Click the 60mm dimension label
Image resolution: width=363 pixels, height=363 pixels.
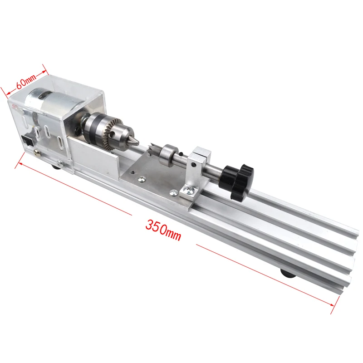click(x=26, y=81)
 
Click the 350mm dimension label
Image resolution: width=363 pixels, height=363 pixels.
click(x=163, y=228)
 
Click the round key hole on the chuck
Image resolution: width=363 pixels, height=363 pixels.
click(x=114, y=134)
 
